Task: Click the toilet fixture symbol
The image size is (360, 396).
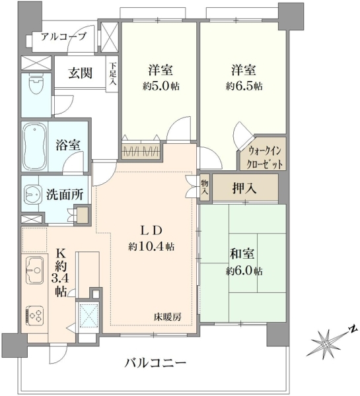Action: click(x=36, y=84)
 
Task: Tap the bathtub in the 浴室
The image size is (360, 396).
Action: click(x=34, y=147)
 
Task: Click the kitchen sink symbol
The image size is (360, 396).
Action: click(x=34, y=270)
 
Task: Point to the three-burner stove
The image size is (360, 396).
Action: click(x=34, y=314)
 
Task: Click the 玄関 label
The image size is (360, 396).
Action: click(x=80, y=73)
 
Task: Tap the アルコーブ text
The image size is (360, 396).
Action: click(x=63, y=37)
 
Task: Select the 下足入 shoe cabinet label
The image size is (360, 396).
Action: click(x=113, y=74)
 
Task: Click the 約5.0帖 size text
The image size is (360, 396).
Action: click(x=161, y=86)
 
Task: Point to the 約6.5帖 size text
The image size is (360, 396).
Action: click(x=244, y=86)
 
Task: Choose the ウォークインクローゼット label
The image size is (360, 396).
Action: click(x=265, y=158)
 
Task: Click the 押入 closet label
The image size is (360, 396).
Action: click(x=244, y=188)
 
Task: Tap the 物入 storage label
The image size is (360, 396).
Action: click(x=205, y=187)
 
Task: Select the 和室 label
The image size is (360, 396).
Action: click(x=242, y=253)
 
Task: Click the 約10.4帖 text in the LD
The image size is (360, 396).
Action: click(x=151, y=246)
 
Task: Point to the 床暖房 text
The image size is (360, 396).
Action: click(x=168, y=317)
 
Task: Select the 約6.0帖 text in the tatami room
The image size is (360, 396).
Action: click(x=244, y=271)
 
